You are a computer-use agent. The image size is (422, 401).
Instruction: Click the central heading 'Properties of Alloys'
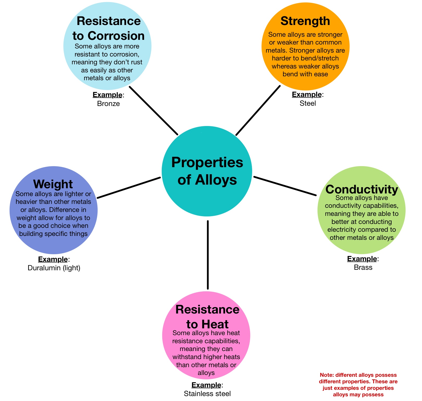207,171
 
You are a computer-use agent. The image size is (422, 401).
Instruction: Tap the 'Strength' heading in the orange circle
305,21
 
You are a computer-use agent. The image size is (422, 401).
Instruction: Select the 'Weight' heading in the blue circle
53,184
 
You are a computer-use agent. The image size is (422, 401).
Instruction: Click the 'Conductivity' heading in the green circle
362,189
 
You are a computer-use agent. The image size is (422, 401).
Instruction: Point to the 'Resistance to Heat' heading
207,317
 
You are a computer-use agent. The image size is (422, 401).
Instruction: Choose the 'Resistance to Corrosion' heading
108,28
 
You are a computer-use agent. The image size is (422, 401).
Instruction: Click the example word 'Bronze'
108,104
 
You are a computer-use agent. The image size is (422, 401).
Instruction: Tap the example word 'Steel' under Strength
308,103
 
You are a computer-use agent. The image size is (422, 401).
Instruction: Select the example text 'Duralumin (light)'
54,268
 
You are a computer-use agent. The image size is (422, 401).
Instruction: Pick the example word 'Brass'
363,267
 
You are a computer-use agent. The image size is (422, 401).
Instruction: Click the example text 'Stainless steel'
207,393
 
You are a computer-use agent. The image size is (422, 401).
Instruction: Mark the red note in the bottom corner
358,385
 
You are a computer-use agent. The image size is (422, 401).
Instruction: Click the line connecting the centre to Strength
258,110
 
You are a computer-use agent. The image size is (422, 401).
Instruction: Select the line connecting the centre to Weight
129,187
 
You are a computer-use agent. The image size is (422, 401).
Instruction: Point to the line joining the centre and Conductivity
285,186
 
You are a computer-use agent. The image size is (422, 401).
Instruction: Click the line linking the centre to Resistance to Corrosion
154,111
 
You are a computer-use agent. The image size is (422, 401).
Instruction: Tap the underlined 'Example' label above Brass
362,259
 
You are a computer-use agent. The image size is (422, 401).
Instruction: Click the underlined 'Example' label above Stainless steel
206,385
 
